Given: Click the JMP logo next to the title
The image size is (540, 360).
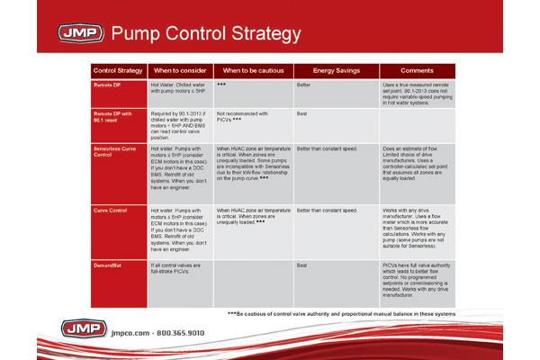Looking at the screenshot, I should [79, 34].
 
